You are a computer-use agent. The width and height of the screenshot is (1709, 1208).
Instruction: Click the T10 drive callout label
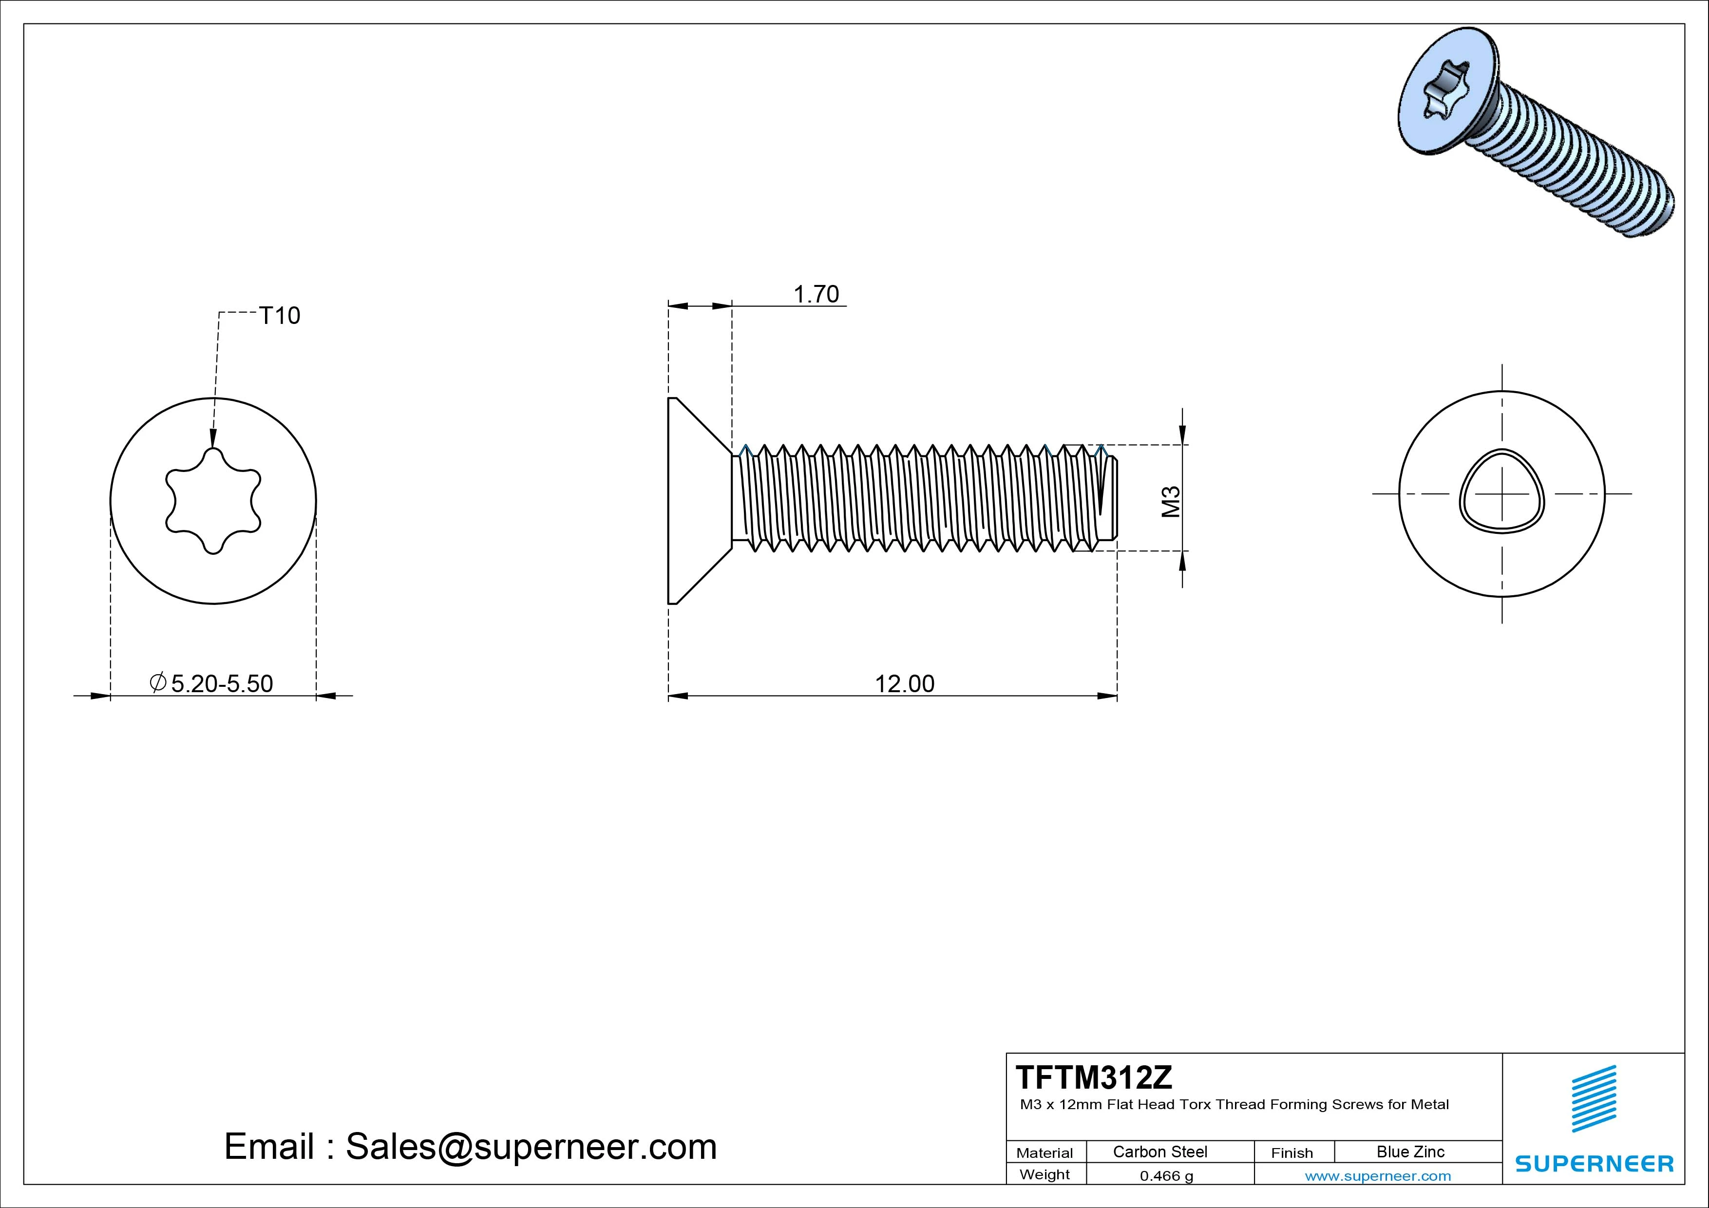pyautogui.click(x=280, y=316)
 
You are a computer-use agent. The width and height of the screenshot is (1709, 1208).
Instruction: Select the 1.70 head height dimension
pyautogui.click(x=816, y=294)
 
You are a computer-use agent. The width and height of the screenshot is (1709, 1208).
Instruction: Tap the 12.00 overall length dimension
pyautogui.click(x=904, y=683)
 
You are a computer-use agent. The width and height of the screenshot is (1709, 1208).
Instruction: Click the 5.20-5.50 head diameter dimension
pyautogui.click(x=221, y=683)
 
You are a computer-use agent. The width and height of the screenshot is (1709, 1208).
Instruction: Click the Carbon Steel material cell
pyautogui.click(x=1159, y=1151)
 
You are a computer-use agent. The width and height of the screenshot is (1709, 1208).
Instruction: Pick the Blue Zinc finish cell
pyautogui.click(x=1410, y=1151)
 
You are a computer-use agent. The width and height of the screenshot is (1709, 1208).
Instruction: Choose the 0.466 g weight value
pyautogui.click(x=1166, y=1176)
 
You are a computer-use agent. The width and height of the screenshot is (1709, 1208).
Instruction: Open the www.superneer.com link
pyautogui.click(x=1378, y=1176)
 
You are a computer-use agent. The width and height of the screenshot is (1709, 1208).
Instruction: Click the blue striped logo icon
pyautogui.click(x=1594, y=1098)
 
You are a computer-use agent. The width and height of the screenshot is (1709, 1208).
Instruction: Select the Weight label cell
pyautogui.click(x=1044, y=1174)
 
